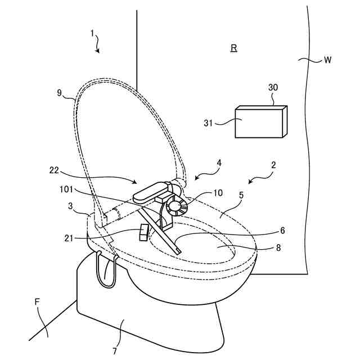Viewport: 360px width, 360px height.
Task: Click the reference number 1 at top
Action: pos(92,33)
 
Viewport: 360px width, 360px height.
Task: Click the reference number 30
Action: pos(273,88)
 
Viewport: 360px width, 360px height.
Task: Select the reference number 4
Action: pos(219,163)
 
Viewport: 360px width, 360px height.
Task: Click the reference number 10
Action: pos(218,193)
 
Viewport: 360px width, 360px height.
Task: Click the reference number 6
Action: pos(282,230)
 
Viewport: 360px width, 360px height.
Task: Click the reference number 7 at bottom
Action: pos(114,351)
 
